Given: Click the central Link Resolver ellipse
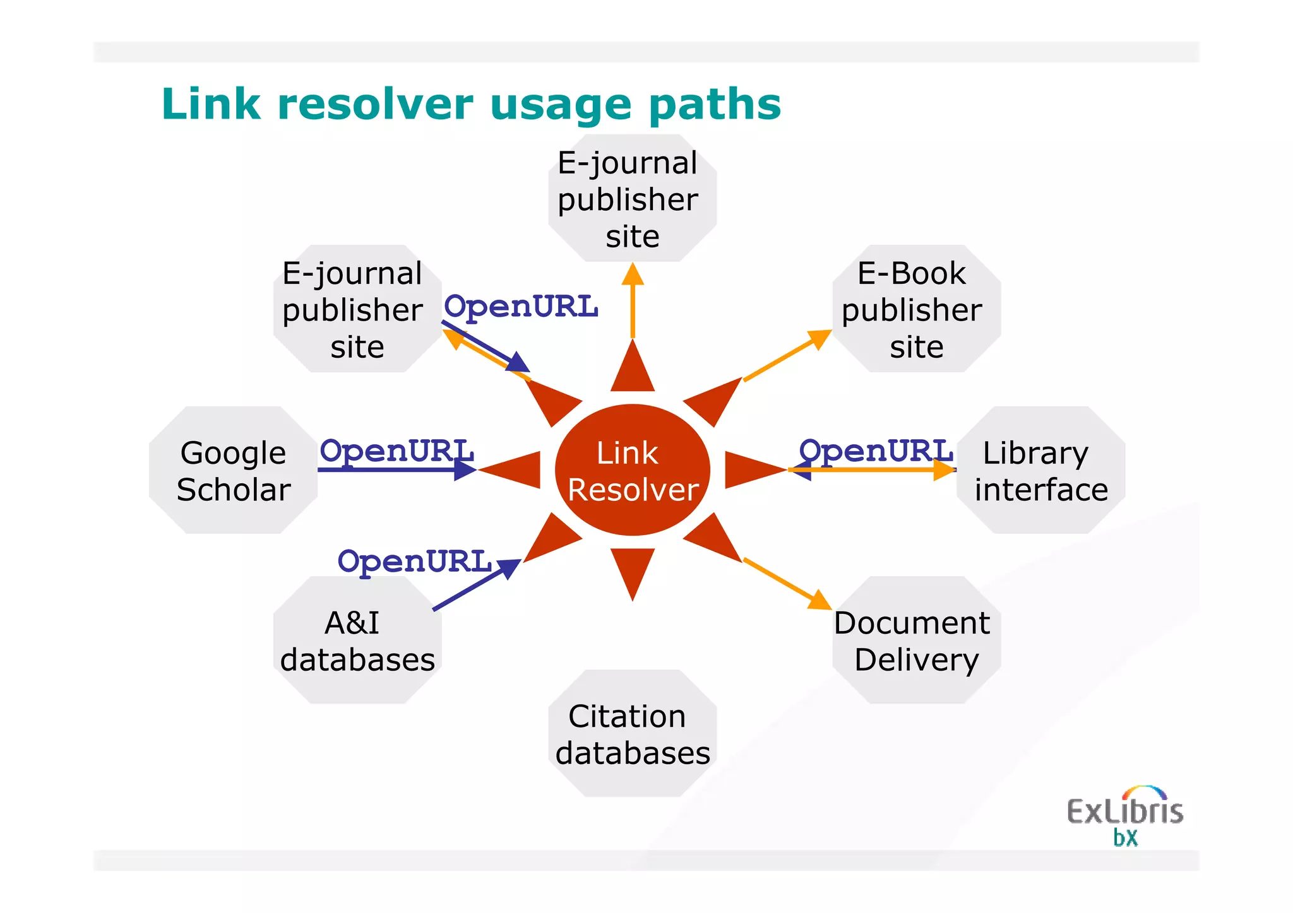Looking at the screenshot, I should [x=632, y=470].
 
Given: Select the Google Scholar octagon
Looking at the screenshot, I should [x=233, y=470].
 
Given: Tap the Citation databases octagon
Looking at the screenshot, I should [x=632, y=733].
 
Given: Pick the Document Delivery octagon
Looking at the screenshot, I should [x=916, y=640].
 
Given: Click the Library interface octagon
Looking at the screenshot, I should [x=1040, y=470].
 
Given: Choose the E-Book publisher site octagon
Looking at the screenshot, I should [x=916, y=309].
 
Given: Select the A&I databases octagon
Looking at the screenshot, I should [x=357, y=640].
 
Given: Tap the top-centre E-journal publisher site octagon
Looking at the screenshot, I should [x=632, y=198].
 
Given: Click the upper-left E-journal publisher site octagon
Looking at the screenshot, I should [x=357, y=309].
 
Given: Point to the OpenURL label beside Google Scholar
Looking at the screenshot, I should [x=396, y=451].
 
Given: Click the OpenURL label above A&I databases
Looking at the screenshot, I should [x=414, y=561].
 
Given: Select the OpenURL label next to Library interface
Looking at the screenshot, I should [x=876, y=451].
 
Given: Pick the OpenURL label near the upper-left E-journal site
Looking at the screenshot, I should [x=521, y=307].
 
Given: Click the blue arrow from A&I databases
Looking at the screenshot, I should [x=477, y=585].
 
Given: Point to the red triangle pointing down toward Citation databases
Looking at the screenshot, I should [x=632, y=571].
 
